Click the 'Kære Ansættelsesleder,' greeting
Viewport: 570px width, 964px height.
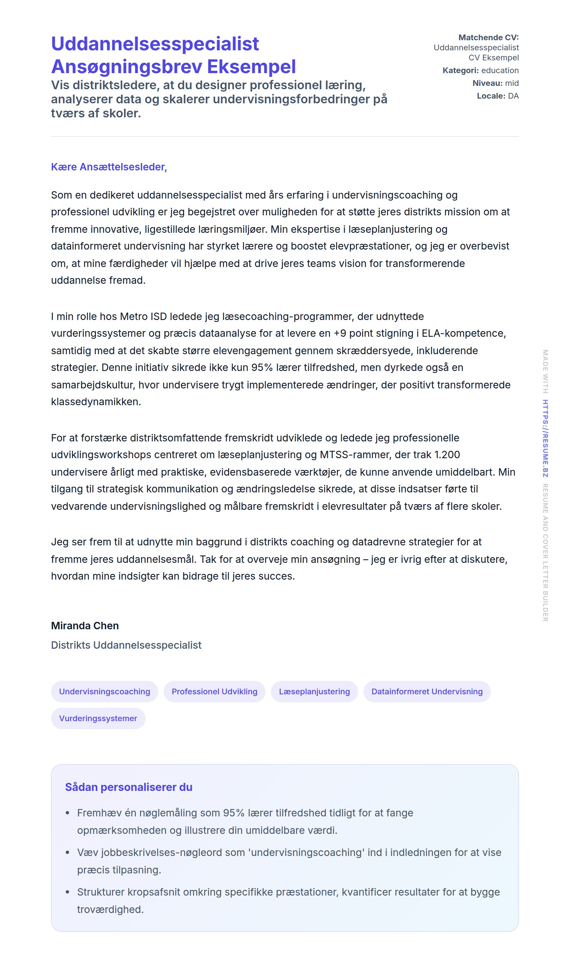click(x=109, y=167)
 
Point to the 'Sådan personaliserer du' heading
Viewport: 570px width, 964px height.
click(x=129, y=787)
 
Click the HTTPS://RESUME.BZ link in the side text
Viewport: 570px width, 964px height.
click(x=545, y=438)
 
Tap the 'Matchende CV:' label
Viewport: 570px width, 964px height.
click(x=488, y=37)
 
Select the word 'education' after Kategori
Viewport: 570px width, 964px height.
click(x=500, y=70)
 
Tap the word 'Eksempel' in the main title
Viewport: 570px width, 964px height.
click(x=251, y=66)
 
